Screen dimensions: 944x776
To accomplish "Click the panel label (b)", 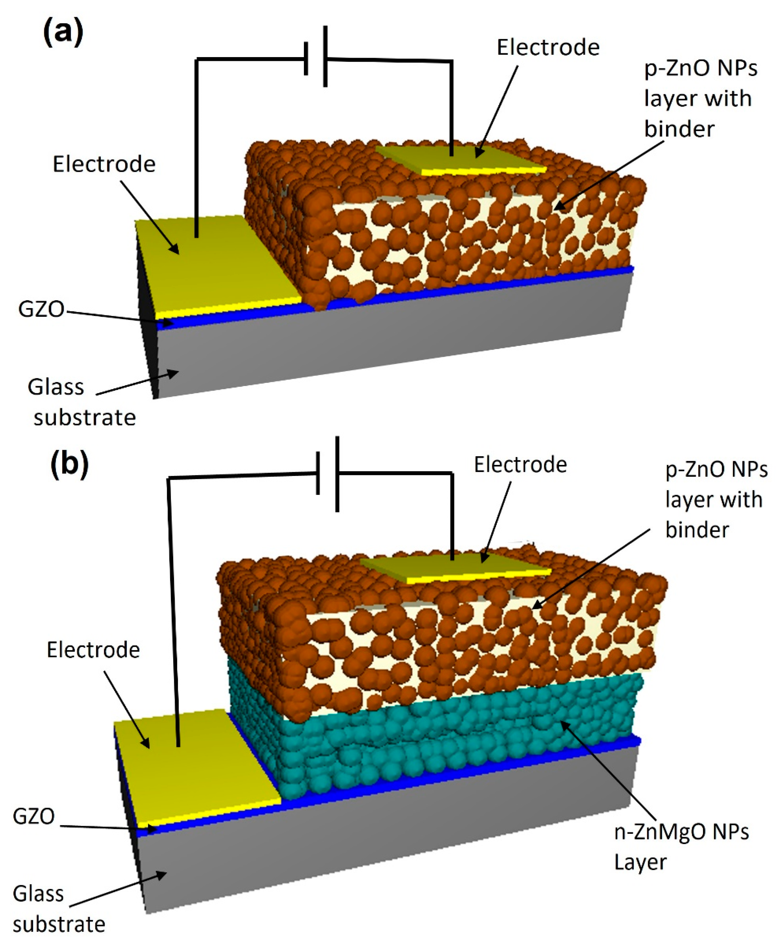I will [x=70, y=465].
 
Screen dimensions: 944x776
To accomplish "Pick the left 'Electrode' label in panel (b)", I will [x=93, y=650].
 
